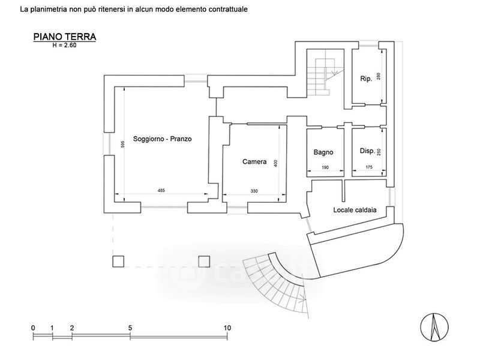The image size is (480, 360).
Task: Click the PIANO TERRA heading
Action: (x=65, y=37)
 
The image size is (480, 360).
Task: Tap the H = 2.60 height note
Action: (x=64, y=46)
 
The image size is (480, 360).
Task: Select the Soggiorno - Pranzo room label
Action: (x=162, y=139)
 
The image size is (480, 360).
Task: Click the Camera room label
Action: (x=254, y=161)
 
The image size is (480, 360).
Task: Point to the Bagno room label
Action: (x=323, y=152)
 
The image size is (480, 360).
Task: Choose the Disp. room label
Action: (x=367, y=151)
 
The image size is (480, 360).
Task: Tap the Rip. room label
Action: (x=366, y=79)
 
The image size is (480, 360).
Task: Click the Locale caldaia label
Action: (x=355, y=210)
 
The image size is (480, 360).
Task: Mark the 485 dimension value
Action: (x=161, y=190)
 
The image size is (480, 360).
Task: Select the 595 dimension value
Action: (x=123, y=144)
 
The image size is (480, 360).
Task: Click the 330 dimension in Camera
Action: (x=254, y=191)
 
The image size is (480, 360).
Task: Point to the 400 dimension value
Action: (x=275, y=163)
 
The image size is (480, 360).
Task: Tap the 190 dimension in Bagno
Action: (x=325, y=167)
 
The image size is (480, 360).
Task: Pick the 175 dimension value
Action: (x=369, y=167)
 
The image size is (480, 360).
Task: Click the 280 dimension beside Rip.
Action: (x=379, y=76)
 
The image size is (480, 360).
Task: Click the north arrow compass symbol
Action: (x=434, y=327)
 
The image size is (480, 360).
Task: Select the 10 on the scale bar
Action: (x=227, y=328)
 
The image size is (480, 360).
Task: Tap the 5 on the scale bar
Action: (x=130, y=328)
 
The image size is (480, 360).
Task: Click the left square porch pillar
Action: (x=118, y=262)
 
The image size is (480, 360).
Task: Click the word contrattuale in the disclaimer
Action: (x=228, y=9)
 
